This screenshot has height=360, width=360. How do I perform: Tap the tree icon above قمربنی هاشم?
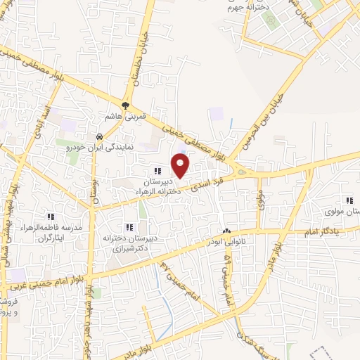(126, 106)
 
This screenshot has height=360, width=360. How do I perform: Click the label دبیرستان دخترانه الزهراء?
(159, 184)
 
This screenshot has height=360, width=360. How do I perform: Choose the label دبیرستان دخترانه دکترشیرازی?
(129, 243)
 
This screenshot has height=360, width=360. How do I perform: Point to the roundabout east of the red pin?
(243, 173)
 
